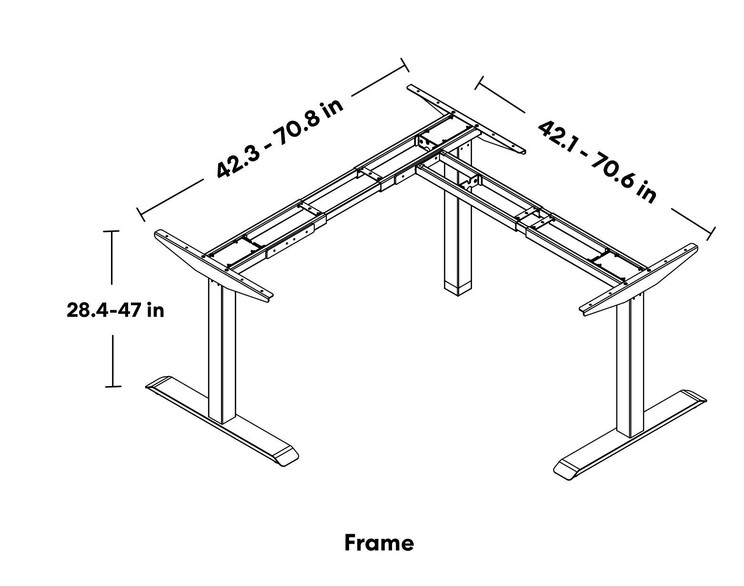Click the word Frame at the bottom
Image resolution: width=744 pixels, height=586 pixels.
[379, 543]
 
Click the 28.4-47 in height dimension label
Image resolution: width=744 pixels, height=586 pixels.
[115, 310]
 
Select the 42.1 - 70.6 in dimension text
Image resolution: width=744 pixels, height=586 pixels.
[597, 162]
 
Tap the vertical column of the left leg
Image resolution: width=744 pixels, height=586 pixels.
[222, 351]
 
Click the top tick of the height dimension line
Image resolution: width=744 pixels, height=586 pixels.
[111, 231]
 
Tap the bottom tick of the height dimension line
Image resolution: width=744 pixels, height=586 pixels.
[113, 386]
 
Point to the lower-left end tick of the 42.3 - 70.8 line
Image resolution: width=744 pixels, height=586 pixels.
[141, 215]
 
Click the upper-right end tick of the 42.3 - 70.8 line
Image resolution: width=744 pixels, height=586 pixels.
[405, 65]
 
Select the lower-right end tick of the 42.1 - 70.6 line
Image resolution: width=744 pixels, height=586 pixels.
[712, 234]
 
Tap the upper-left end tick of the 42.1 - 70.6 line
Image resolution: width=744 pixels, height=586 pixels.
[479, 82]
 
